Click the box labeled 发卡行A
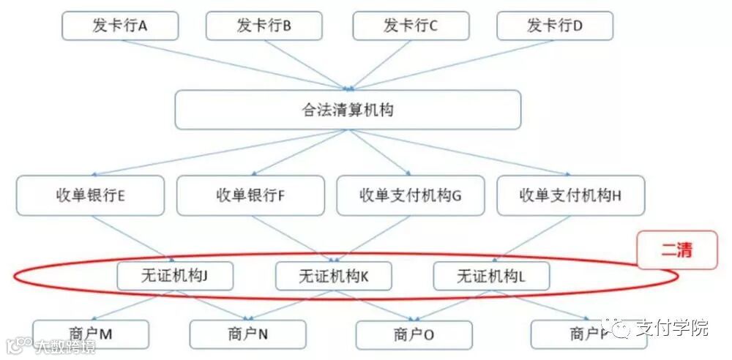point(120,26)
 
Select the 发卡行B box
point(264,26)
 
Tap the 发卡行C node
point(410,26)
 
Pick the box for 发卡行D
point(555,26)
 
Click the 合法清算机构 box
point(348,110)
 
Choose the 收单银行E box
point(90,195)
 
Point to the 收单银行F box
point(250,195)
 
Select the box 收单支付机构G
point(410,195)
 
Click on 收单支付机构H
point(570,195)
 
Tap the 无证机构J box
point(174,277)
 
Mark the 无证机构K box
point(333,277)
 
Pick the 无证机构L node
point(491,277)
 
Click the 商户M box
point(91,334)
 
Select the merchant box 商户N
point(247,334)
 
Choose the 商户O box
point(414,335)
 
